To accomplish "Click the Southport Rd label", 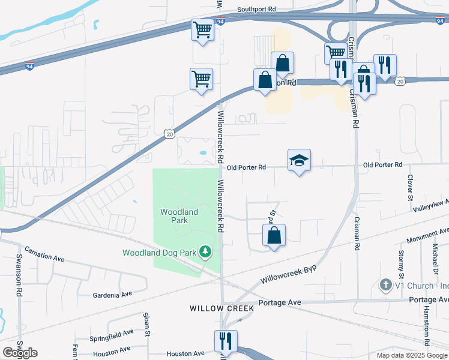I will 256,10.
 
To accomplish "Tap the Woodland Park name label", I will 179,216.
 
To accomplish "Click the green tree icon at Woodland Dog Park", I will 206,251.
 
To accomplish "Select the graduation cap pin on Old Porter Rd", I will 299,160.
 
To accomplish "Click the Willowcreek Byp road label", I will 289,272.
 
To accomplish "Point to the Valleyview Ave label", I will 431,205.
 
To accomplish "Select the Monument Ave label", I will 428,235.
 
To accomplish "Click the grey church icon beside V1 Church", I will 387,284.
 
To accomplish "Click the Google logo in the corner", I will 20,353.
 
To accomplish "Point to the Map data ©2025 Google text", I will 411,355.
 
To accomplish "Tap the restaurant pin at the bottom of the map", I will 226,341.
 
